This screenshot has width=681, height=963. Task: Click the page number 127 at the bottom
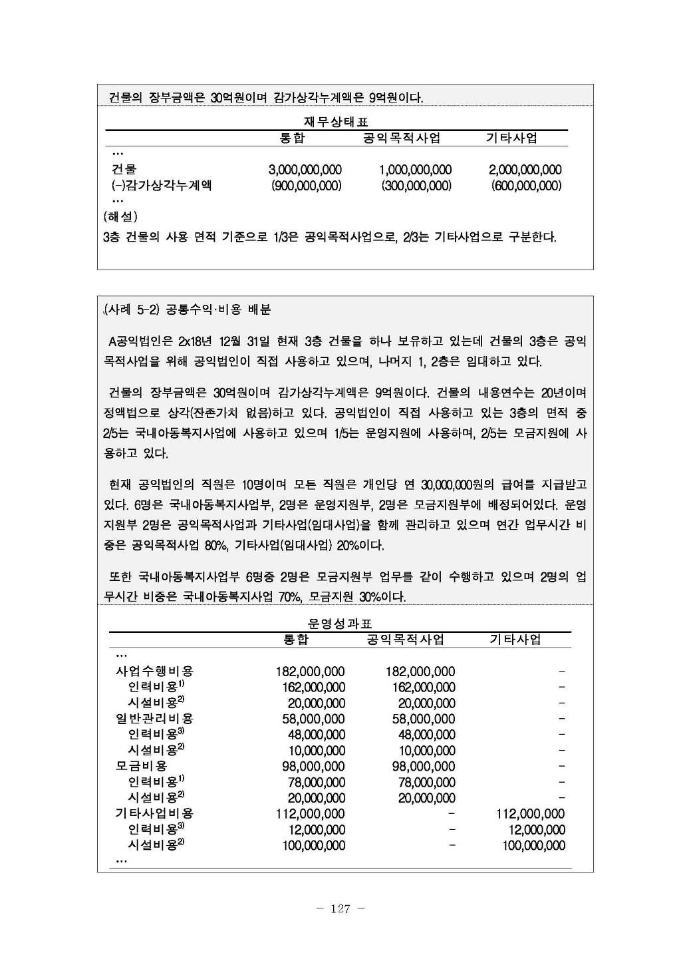click(x=340, y=909)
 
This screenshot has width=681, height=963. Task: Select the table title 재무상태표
click(x=336, y=122)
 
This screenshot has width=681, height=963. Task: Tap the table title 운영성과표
click(x=340, y=624)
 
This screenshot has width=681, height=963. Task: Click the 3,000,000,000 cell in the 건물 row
click(x=305, y=170)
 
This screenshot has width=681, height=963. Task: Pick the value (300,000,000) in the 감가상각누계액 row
click(x=416, y=186)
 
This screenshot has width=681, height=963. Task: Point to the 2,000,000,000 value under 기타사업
click(x=525, y=170)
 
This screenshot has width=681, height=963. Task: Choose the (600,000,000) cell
click(x=526, y=186)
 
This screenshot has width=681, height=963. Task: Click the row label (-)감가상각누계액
click(x=162, y=186)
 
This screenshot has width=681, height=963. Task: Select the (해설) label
click(x=120, y=216)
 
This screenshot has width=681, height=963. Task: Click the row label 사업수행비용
click(x=154, y=672)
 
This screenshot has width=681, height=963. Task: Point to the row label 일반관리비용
click(x=154, y=719)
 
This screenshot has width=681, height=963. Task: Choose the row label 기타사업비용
click(x=154, y=813)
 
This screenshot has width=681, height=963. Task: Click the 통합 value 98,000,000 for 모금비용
click(x=313, y=766)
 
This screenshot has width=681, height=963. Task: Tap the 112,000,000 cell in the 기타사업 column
click(x=530, y=813)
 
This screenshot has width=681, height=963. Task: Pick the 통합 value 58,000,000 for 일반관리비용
click(x=313, y=719)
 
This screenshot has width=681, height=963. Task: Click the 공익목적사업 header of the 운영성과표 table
click(x=405, y=640)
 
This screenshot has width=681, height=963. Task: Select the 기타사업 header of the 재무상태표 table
click(x=511, y=138)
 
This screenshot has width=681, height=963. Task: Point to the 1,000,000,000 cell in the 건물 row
click(x=415, y=170)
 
